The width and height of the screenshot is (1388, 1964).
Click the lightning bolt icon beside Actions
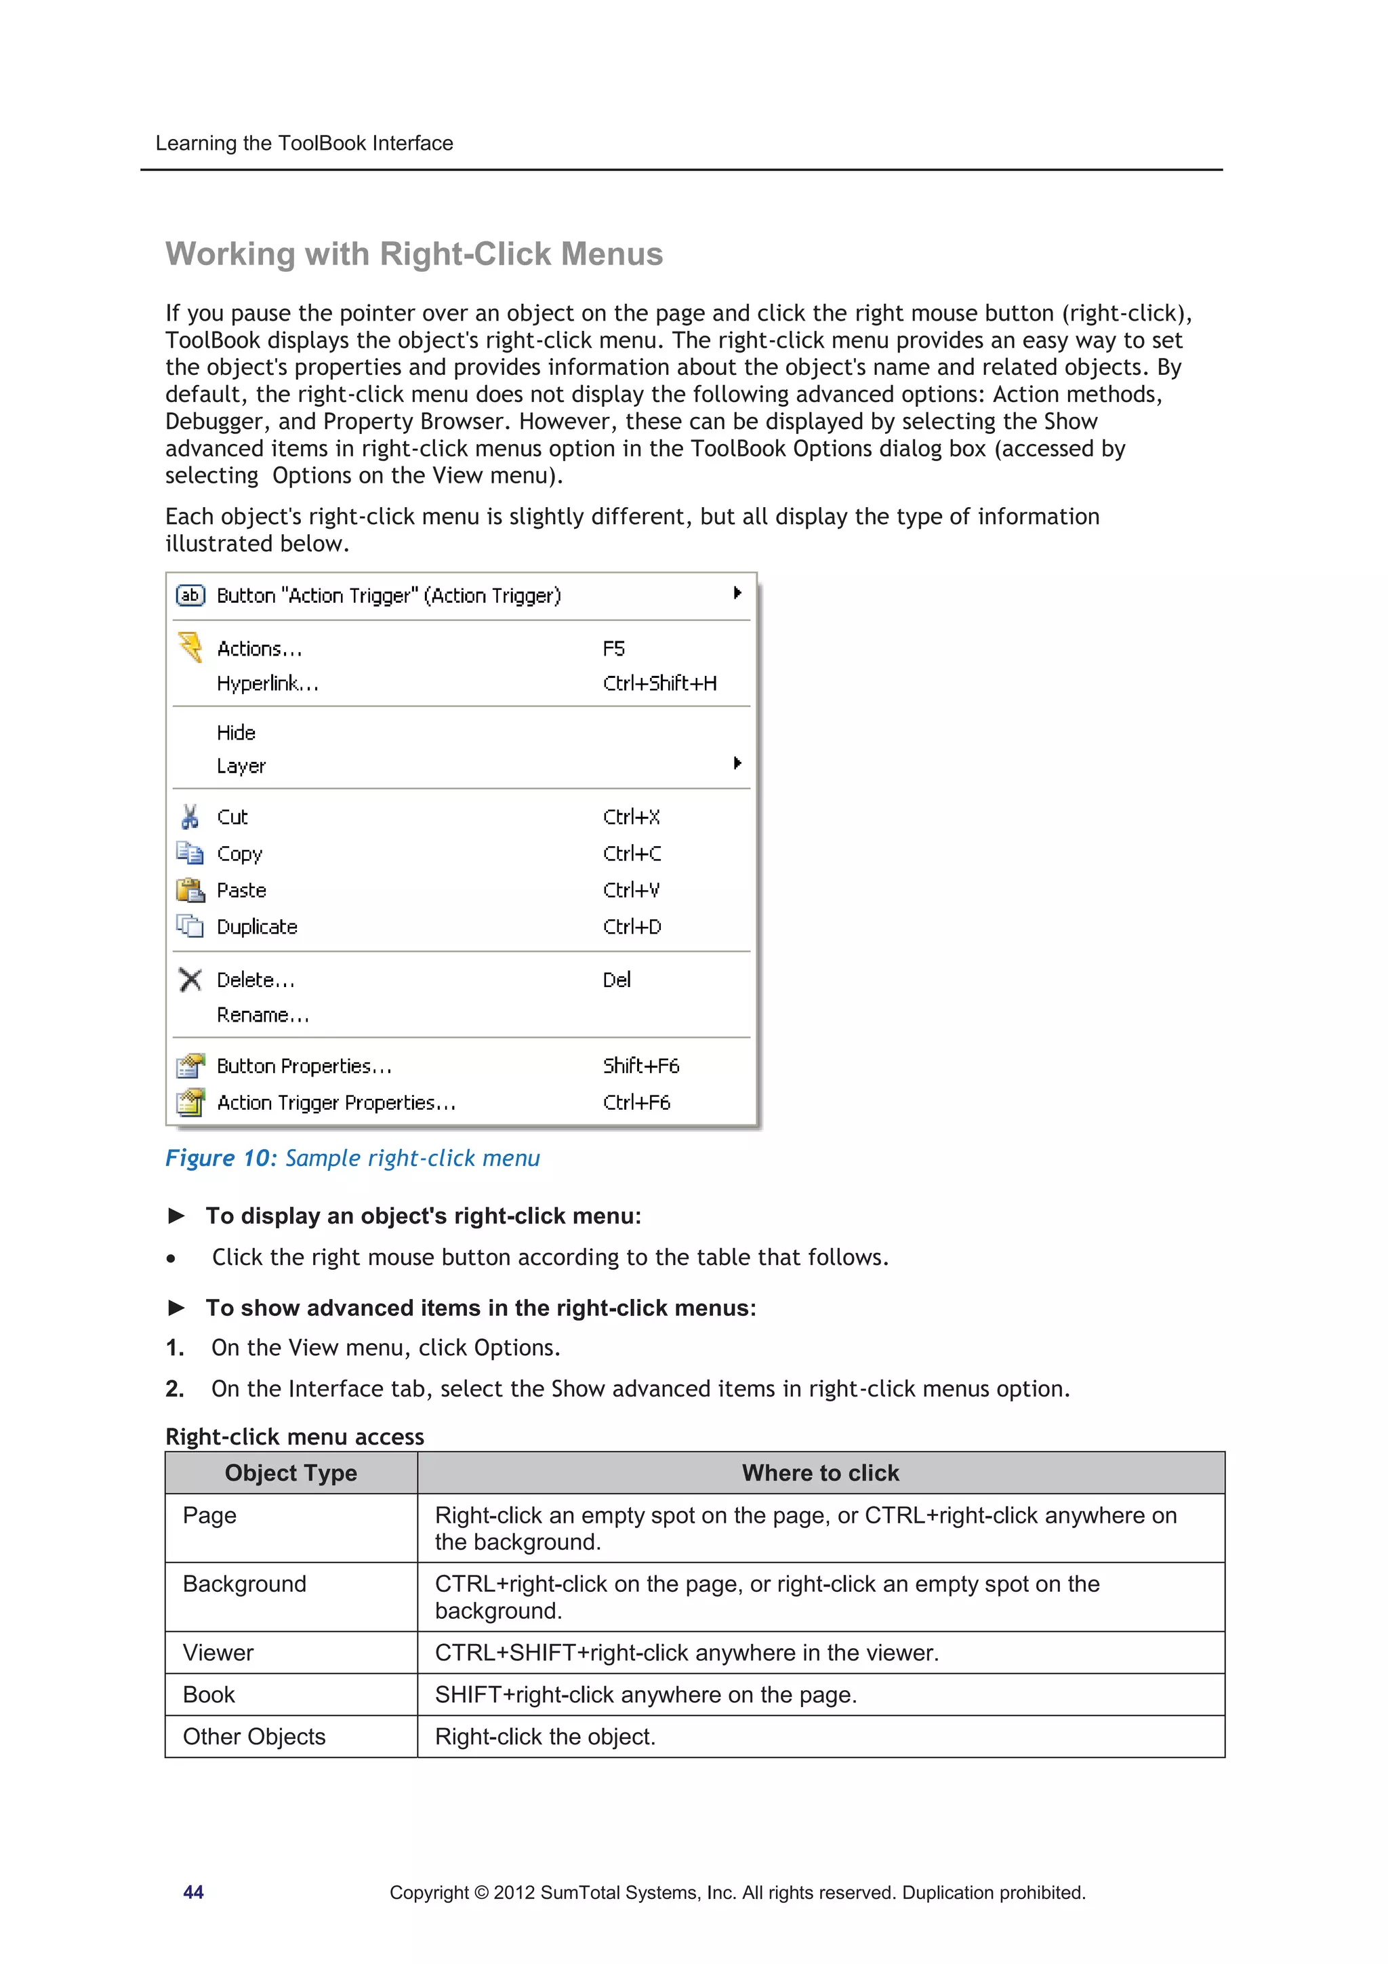click(x=190, y=647)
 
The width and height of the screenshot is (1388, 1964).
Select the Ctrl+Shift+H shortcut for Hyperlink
click(x=659, y=683)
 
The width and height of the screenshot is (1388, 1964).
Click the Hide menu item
click(x=236, y=733)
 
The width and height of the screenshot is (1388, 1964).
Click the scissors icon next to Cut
click(x=190, y=817)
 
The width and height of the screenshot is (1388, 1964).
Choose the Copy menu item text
click(x=239, y=854)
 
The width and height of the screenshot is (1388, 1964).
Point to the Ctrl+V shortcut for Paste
click(x=631, y=890)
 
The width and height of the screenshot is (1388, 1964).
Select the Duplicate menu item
click(x=257, y=927)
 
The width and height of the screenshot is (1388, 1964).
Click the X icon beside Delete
click(x=190, y=980)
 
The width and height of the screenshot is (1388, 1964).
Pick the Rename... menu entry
click(x=262, y=1016)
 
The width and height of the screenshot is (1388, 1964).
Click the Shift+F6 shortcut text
click(x=640, y=1066)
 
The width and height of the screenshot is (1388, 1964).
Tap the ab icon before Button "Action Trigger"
click(x=190, y=595)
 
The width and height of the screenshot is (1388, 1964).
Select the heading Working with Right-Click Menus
click(x=414, y=254)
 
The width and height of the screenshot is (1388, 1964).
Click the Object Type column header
click(x=291, y=1473)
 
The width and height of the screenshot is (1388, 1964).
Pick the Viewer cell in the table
click(x=219, y=1653)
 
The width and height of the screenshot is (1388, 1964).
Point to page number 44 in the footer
click(x=193, y=1892)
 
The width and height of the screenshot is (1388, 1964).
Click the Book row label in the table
click(x=209, y=1695)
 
